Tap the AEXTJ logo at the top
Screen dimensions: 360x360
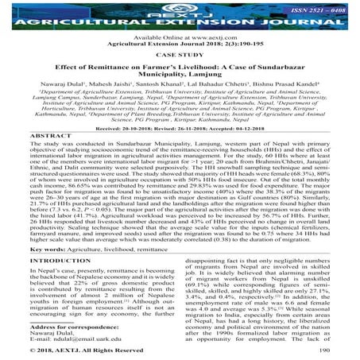click(x=180, y=8)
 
